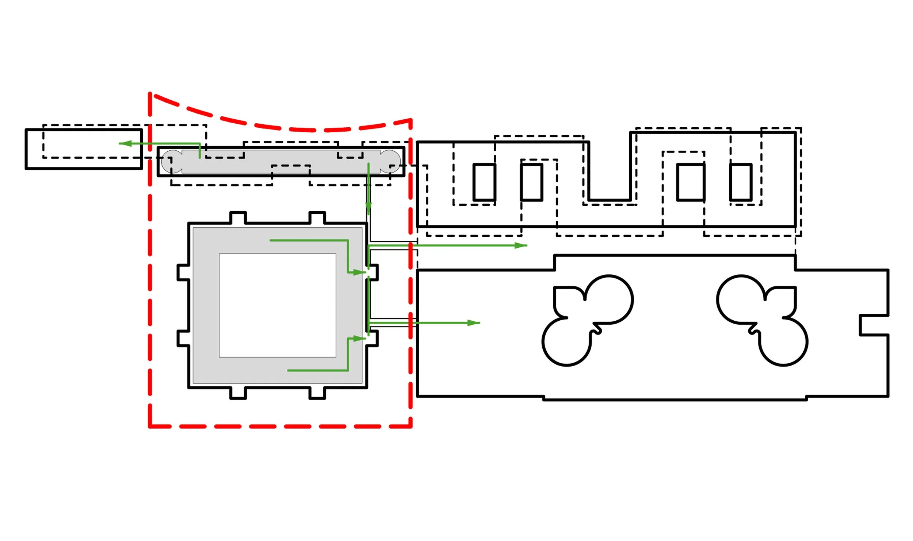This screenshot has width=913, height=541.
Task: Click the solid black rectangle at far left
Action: (84, 149)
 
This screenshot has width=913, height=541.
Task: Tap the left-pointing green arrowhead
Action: (125, 143)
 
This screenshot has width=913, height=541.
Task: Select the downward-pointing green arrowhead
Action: (368, 209)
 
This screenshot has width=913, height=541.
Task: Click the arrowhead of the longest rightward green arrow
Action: (521, 246)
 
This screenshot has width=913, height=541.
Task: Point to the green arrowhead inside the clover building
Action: (474, 323)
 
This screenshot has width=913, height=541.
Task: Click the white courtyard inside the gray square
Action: (278, 305)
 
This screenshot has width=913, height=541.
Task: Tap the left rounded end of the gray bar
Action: (172, 161)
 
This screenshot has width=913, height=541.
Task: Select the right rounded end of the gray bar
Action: (390, 161)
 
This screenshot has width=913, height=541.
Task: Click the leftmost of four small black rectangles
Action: (484, 182)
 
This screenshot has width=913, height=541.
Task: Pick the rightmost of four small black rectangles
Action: (741, 182)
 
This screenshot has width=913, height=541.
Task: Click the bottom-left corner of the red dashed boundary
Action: (150, 426)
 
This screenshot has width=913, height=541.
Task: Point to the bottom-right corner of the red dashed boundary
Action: (411, 426)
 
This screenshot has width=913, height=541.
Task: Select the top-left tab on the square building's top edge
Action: (238, 217)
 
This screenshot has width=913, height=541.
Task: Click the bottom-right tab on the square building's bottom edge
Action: (317, 393)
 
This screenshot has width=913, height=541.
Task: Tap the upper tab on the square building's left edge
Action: (183, 273)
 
